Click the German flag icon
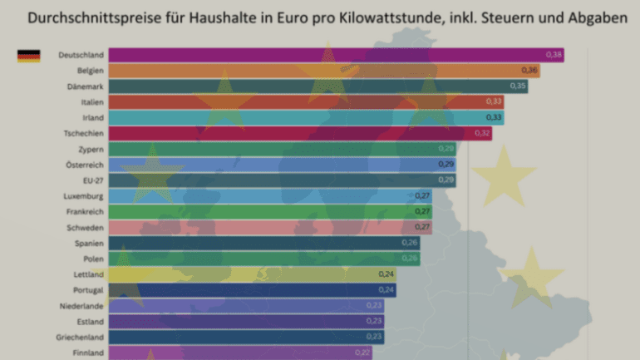click(x=28, y=56)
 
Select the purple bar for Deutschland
click(x=332, y=55)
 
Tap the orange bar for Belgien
click(x=324, y=71)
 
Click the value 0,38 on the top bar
click(x=554, y=55)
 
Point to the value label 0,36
click(x=529, y=71)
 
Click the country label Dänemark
click(x=86, y=86)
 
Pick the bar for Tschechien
click(x=299, y=133)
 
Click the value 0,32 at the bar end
click(x=482, y=133)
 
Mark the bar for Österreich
click(x=283, y=165)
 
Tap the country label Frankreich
click(x=84, y=212)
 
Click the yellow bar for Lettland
click(x=249, y=274)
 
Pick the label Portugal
click(x=87, y=290)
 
